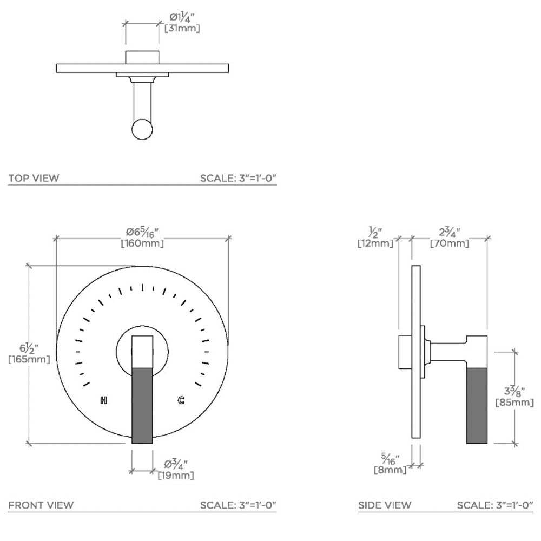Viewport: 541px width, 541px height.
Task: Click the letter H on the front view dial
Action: pos(104,400)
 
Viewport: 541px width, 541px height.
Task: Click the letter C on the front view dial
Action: pos(181,400)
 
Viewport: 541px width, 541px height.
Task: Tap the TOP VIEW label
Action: pos(34,178)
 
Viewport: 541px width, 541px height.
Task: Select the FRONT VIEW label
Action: pos(41,505)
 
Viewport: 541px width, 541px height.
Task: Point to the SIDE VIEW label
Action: pos(385,505)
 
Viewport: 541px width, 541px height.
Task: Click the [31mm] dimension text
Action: pos(182,28)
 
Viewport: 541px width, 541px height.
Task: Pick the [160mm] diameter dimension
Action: pos(142,243)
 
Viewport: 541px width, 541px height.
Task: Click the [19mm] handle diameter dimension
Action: pos(176,476)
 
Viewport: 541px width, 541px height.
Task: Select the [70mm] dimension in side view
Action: pos(450,243)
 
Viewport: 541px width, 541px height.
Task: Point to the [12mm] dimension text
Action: pos(375,243)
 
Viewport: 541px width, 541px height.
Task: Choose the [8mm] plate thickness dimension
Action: pos(390,470)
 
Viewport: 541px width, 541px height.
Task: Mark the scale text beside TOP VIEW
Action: pos(239,178)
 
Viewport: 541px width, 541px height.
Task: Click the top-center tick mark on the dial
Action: pos(143,287)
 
